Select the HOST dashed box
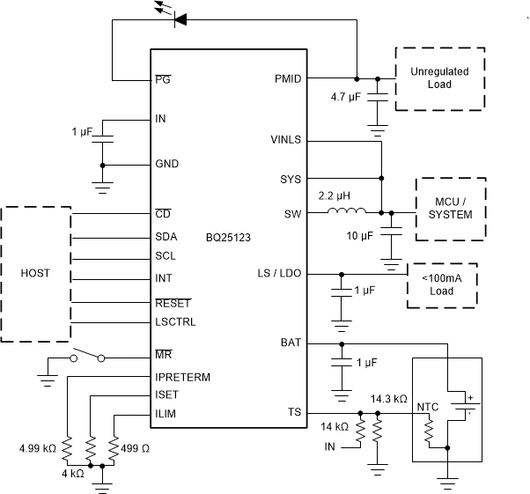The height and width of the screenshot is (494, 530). coord(36,274)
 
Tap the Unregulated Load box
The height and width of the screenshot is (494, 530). coord(440,78)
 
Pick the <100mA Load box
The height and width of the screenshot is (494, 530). coord(441,284)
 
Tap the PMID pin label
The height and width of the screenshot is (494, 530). coord(288,78)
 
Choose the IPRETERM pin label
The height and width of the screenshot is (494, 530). coord(183,377)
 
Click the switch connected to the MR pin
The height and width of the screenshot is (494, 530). coord(89,355)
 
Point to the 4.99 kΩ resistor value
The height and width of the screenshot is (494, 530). coord(36,447)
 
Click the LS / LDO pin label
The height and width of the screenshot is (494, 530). coord(280,274)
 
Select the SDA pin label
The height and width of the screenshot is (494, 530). coord(166,237)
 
